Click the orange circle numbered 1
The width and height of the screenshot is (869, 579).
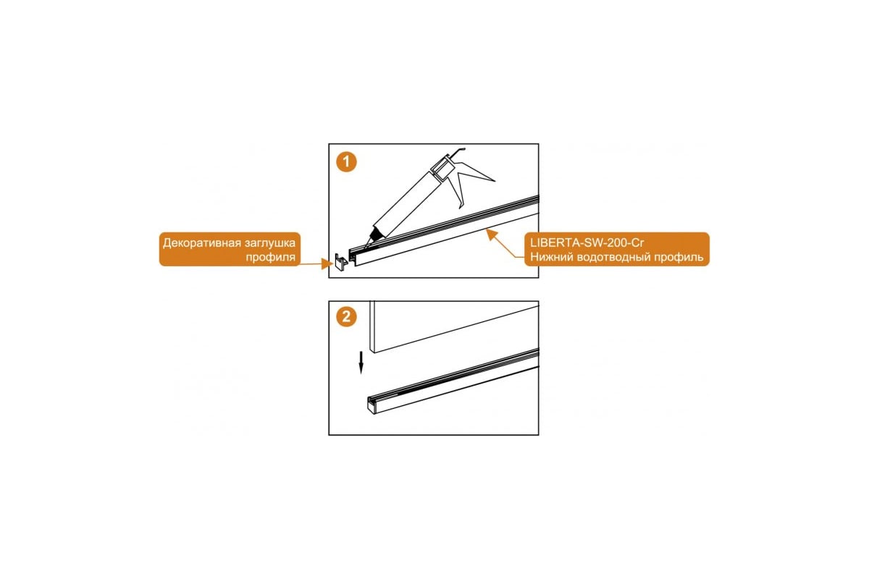point(346,161)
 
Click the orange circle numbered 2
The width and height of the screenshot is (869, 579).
point(346,317)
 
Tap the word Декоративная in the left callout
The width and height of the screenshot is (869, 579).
point(202,243)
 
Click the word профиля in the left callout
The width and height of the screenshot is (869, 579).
point(270,257)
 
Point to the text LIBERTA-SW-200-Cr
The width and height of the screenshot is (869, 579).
point(587,242)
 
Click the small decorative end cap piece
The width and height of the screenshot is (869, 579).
point(341,263)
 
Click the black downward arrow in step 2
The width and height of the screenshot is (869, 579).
point(361,363)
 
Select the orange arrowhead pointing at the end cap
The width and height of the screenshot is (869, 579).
point(327,264)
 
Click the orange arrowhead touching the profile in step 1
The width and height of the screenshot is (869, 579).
point(491,234)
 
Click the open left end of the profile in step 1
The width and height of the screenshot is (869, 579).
point(353,258)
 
